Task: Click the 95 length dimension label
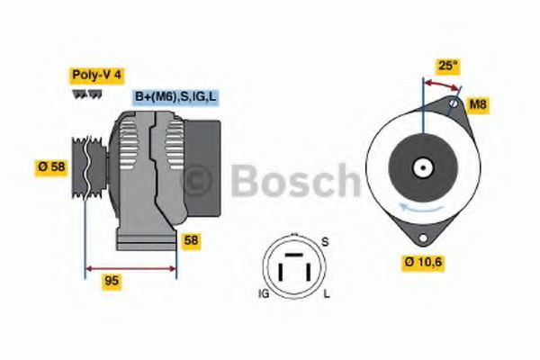pyautogui.click(x=112, y=280)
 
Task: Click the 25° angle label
pyautogui.click(x=446, y=65)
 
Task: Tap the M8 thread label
pyautogui.click(x=479, y=104)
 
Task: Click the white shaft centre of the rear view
pyautogui.click(x=421, y=167)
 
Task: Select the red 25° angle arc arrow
pyautogui.click(x=441, y=84)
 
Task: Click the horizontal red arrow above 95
pyautogui.click(x=130, y=267)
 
